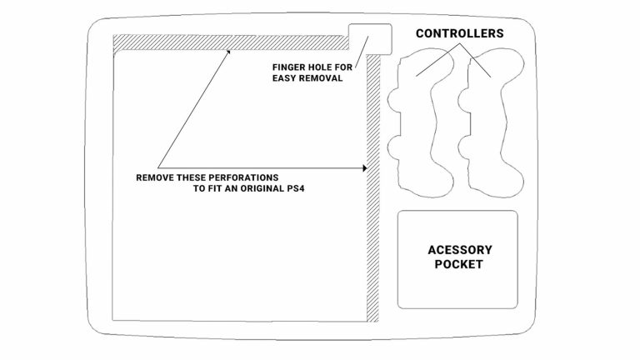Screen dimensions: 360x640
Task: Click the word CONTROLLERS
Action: click(460, 34)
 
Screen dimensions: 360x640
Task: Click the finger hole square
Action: click(369, 38)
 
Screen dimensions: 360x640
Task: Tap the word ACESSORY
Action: click(460, 250)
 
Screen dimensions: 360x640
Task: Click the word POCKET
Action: click(460, 265)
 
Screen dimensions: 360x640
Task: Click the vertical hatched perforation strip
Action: click(372, 192)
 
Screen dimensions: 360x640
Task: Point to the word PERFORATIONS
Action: click(245, 178)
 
